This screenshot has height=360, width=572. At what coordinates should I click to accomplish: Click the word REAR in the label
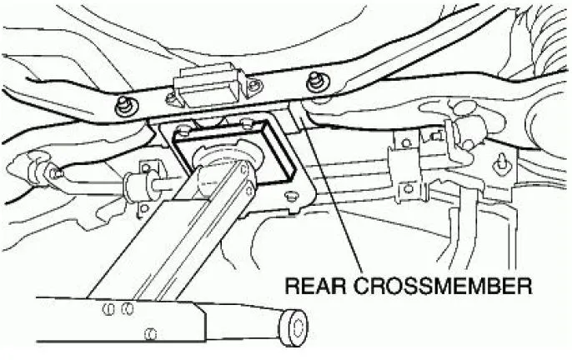(315, 286)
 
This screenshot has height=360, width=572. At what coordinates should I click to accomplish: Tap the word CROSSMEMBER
(443, 286)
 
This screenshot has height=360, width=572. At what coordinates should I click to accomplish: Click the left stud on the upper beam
(125, 105)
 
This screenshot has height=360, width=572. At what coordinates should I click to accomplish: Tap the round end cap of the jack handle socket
(294, 327)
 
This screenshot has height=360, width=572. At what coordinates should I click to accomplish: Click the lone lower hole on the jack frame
(150, 333)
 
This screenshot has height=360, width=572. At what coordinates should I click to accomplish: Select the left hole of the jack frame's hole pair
(109, 310)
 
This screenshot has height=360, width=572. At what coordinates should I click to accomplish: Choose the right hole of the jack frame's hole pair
(128, 310)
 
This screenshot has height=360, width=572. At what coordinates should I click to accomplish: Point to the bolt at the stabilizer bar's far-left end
(53, 172)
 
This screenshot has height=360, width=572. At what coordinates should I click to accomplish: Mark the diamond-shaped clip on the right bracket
(501, 162)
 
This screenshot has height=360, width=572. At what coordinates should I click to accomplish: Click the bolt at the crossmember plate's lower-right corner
(291, 196)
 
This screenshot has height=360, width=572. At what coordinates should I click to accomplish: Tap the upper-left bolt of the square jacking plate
(183, 128)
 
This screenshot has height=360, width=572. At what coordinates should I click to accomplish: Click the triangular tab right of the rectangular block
(254, 86)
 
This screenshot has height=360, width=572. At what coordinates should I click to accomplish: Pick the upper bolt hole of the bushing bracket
(146, 168)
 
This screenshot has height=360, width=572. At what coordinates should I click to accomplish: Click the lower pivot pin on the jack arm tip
(249, 190)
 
